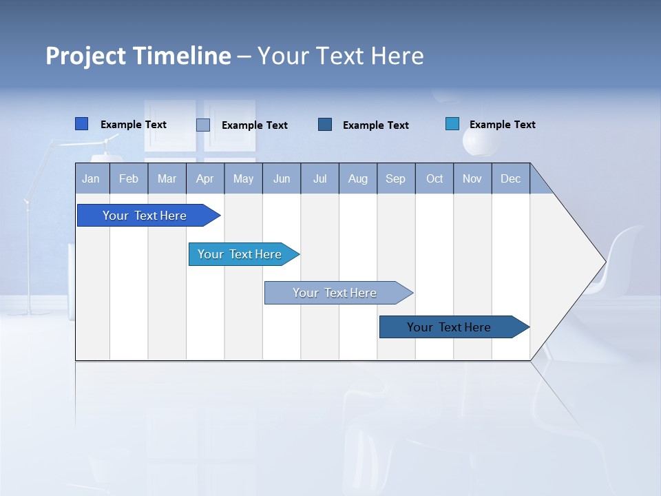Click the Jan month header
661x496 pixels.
pyautogui.click(x=91, y=178)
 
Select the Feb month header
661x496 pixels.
pyautogui.click(x=129, y=178)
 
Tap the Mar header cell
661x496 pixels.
pyautogui.click(x=167, y=178)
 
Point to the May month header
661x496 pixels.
pyautogui.click(x=243, y=178)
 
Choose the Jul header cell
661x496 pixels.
pyautogui.click(x=319, y=178)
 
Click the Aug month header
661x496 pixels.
pyautogui.click(x=358, y=178)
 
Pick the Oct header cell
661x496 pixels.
pyautogui.click(x=434, y=178)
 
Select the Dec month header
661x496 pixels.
pyautogui.click(x=510, y=178)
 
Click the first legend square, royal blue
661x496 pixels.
pyautogui.click(x=82, y=124)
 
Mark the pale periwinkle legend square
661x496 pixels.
pyautogui.click(x=203, y=125)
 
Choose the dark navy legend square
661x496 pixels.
pyautogui.click(x=325, y=124)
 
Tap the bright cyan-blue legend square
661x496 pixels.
pyautogui.click(x=452, y=124)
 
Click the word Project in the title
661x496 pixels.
pyautogui.click(x=86, y=56)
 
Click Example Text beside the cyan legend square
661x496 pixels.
pyautogui.click(x=502, y=125)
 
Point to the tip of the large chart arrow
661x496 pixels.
pyautogui.click(x=605, y=262)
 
